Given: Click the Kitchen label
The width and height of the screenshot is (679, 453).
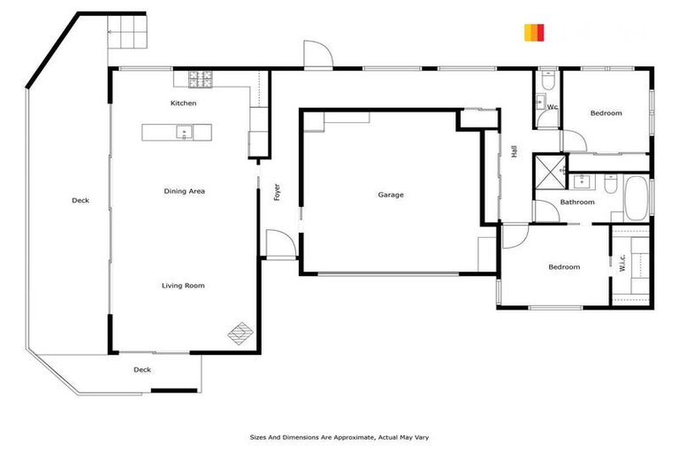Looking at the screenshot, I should point(184,104).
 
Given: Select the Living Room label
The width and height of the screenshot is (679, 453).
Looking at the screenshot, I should point(183,285).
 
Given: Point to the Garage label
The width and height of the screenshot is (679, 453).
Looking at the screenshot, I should point(390,195).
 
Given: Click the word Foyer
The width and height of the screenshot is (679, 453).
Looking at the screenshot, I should point(277,191).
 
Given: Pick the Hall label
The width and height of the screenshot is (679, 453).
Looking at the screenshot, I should point(514,151).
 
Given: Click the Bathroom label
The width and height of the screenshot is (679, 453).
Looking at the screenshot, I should point(577,202).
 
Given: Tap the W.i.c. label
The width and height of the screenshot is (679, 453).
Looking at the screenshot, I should point(622,264).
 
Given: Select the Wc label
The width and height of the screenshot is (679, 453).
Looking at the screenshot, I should point(552,107).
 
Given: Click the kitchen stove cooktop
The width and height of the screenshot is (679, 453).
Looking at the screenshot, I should point(200,79).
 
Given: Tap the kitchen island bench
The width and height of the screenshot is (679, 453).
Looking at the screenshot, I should point(177,133).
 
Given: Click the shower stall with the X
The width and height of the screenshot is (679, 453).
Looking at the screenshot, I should point(549,171).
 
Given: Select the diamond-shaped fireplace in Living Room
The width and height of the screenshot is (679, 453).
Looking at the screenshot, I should point(240,334).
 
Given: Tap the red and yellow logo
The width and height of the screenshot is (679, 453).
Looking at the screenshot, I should point(533,33).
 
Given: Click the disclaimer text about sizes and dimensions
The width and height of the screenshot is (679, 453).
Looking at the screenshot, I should point(339,437).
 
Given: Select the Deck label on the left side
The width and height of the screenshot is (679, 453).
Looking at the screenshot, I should point(80,201).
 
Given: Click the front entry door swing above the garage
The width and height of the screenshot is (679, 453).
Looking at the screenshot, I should point(317,55).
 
